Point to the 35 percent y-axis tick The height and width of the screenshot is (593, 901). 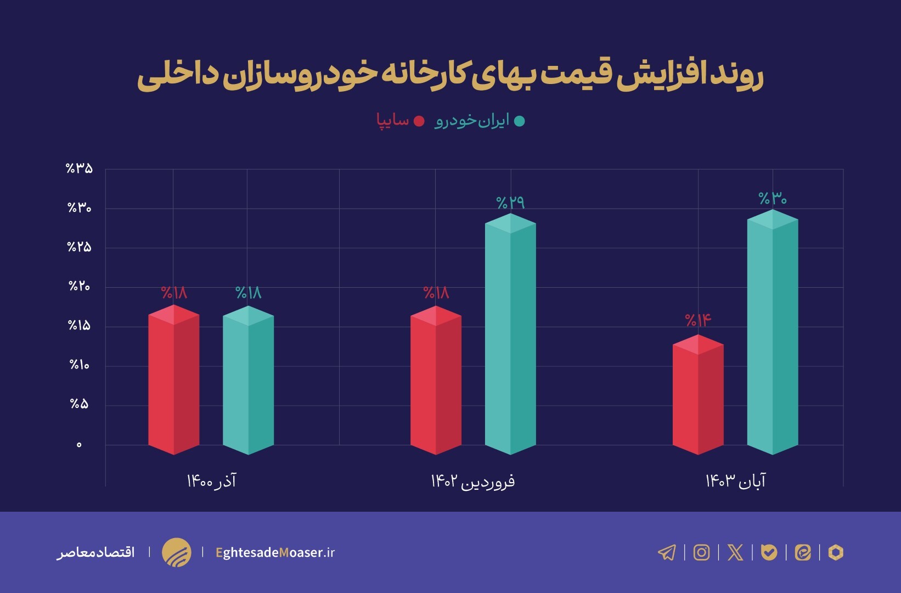tap(79, 169)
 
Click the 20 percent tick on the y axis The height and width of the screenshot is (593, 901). tap(79, 286)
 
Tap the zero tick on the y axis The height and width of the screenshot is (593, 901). tap(79, 445)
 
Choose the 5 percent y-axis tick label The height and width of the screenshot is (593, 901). tap(79, 404)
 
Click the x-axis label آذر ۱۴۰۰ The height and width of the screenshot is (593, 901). tap(211, 482)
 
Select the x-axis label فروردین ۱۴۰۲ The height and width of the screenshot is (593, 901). tap(472, 482)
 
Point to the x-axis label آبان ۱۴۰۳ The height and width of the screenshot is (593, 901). tap(735, 482)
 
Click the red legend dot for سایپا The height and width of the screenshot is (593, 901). tap(419, 121)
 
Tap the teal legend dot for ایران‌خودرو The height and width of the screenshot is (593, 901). tap(519, 121)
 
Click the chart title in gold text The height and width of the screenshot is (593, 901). tap(450, 76)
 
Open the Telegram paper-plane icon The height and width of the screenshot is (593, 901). tap(667, 552)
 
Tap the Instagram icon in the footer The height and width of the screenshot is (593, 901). tap(701, 552)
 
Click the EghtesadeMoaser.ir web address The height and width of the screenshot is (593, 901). tap(275, 552)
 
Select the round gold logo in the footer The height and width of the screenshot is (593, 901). tap(177, 552)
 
